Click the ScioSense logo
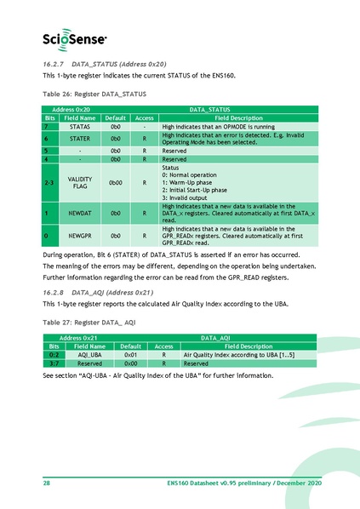point(75,37)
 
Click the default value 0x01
point(131,353)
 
